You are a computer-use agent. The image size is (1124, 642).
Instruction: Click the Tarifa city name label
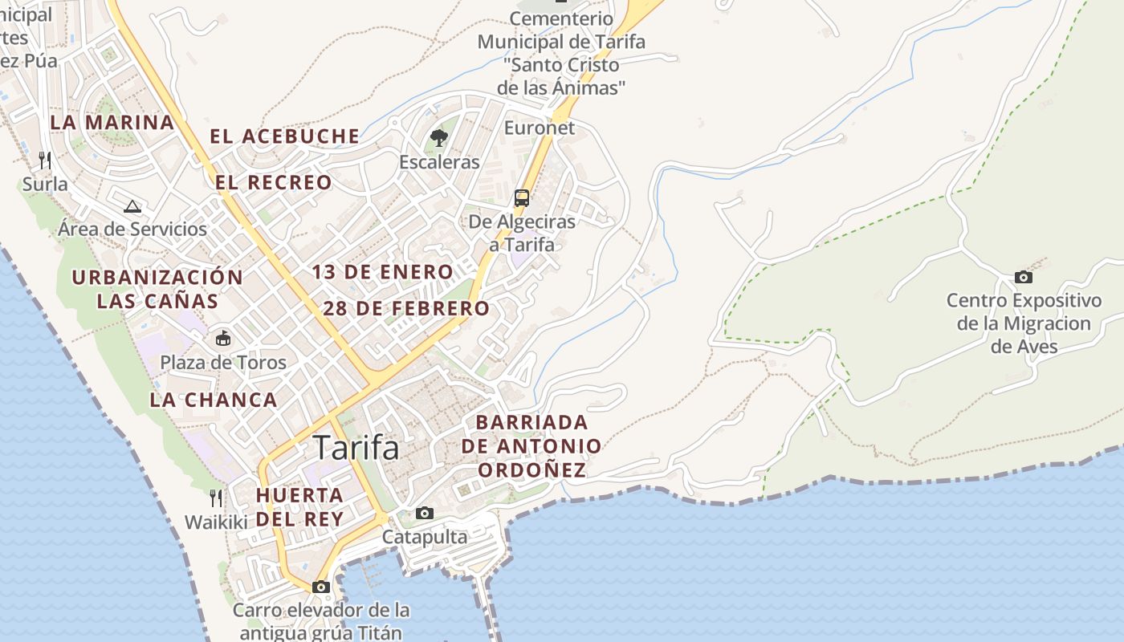click(x=356, y=448)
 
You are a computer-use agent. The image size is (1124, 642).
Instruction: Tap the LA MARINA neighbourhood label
click(x=112, y=123)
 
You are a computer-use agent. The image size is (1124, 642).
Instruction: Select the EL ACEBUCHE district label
click(x=285, y=136)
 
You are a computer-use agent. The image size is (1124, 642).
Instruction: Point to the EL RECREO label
click(x=274, y=183)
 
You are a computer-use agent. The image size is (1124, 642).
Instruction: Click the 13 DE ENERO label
click(x=383, y=272)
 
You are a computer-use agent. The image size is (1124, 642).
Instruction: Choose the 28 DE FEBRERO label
click(x=406, y=308)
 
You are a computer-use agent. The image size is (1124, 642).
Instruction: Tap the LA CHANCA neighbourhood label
click(x=214, y=400)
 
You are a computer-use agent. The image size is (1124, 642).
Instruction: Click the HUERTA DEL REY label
click(x=299, y=506)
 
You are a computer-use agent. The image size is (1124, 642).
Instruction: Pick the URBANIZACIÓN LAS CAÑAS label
click(x=157, y=289)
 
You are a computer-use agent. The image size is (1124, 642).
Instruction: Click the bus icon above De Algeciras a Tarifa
click(x=522, y=197)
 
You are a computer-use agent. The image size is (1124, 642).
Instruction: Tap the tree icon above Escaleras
click(x=438, y=138)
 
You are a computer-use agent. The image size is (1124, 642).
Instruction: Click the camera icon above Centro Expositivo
click(x=1024, y=278)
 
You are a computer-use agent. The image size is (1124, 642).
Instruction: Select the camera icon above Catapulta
click(x=424, y=514)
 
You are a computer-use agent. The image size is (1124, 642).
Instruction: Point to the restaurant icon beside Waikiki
click(x=215, y=498)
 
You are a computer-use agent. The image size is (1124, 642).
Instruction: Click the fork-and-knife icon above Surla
click(x=45, y=160)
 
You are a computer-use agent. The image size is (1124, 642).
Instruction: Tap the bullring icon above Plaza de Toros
click(x=222, y=339)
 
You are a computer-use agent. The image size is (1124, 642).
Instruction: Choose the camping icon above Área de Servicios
click(x=132, y=206)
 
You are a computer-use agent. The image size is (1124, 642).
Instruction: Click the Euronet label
click(x=540, y=128)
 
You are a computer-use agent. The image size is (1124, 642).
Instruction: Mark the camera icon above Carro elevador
click(x=321, y=587)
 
